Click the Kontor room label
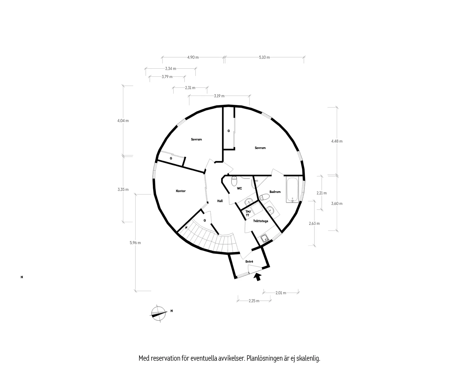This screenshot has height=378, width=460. coord(181,191)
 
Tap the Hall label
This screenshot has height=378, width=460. coord(220,201)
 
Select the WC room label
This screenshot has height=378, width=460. coord(239,188)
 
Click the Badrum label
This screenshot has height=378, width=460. coord(275,192)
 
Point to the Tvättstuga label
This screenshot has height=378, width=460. coord(261,221)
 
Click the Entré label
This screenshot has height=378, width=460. coord(249,261)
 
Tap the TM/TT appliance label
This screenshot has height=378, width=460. coord(248,213)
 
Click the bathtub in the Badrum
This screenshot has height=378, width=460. coord(292,189)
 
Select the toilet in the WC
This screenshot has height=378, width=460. coord(234,181)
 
